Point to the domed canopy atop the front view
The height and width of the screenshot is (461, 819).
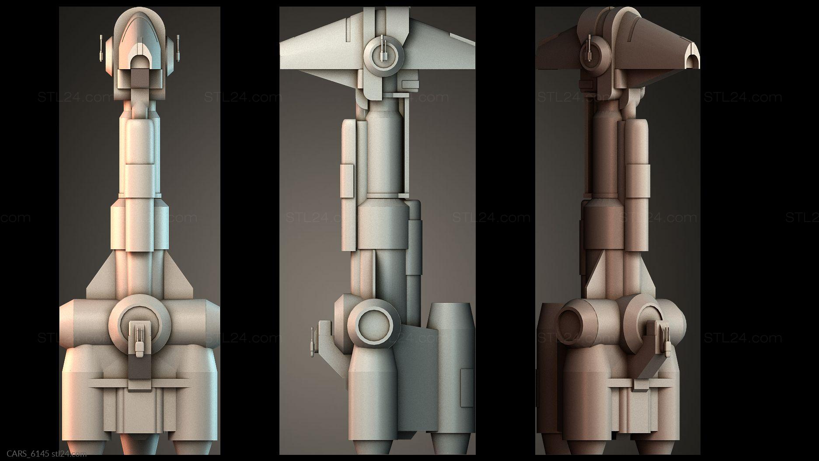[140, 35]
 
